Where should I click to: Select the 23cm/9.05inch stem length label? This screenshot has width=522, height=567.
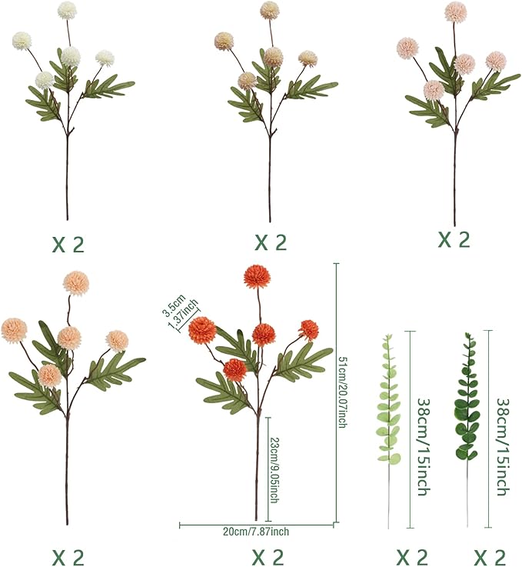[274, 469]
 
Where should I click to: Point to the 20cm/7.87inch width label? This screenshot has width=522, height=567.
[257, 532]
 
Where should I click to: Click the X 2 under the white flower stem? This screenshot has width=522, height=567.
[68, 245]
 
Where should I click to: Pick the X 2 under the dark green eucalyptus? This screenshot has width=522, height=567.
[489, 556]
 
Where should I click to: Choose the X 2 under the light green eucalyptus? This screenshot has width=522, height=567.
[411, 556]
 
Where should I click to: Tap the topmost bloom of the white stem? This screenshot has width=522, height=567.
[67, 10]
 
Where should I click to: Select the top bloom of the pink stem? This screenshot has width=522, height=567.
[456, 12]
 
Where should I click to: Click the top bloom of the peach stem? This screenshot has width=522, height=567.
[75, 283]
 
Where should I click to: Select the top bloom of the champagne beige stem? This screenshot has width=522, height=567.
[269, 10]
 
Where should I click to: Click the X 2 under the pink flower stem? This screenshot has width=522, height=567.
[454, 239]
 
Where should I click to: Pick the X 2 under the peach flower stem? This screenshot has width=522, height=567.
[68, 556]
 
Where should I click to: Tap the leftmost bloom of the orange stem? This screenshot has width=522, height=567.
[201, 330]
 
